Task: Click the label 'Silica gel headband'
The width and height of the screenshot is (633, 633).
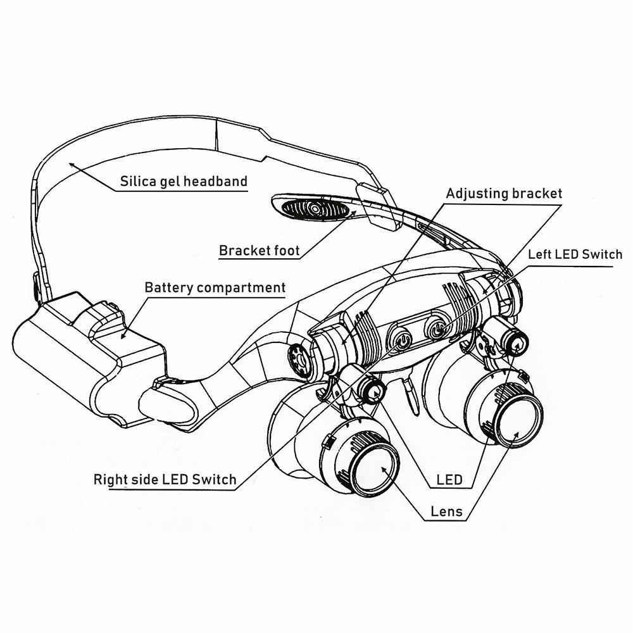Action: tap(184, 182)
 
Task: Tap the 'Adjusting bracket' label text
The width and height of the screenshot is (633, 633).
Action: tap(504, 193)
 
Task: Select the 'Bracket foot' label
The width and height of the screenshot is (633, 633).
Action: tap(260, 250)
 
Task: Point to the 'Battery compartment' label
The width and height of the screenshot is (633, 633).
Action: tap(215, 287)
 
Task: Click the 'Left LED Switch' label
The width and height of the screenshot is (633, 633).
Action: tap(575, 254)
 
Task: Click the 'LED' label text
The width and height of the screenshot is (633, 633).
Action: tap(449, 480)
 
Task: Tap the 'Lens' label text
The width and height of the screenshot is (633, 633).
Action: tap(446, 511)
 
